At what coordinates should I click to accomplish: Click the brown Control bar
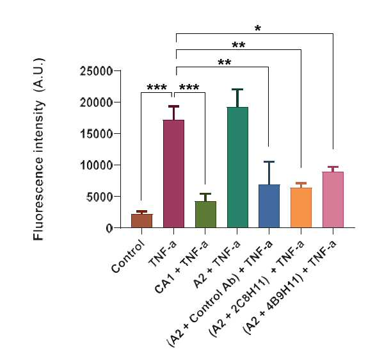[x=142, y=221]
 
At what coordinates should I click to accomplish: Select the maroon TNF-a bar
[x=174, y=174]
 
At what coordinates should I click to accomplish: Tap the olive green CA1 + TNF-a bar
[x=205, y=215]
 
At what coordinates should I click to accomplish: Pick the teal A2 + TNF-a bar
[x=237, y=167]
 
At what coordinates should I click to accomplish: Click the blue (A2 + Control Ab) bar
[x=269, y=206]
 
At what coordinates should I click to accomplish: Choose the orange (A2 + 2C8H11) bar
[x=301, y=208]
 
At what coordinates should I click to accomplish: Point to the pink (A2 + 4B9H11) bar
[x=333, y=200]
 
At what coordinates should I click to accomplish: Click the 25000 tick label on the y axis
[x=96, y=71]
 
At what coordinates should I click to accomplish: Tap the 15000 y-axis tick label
[x=96, y=134]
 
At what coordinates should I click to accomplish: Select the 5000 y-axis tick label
[x=99, y=197]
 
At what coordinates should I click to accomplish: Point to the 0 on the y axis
[x=109, y=228]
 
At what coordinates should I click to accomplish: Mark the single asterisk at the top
[x=258, y=29]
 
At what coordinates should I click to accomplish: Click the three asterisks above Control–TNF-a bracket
[x=157, y=87]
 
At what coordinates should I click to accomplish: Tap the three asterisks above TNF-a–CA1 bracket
[x=189, y=87]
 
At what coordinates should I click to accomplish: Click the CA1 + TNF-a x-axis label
[x=182, y=267]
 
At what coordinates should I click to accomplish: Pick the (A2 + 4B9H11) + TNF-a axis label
[x=290, y=287]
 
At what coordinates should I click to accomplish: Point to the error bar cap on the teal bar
[x=237, y=89]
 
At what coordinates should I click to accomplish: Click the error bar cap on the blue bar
[x=269, y=162]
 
